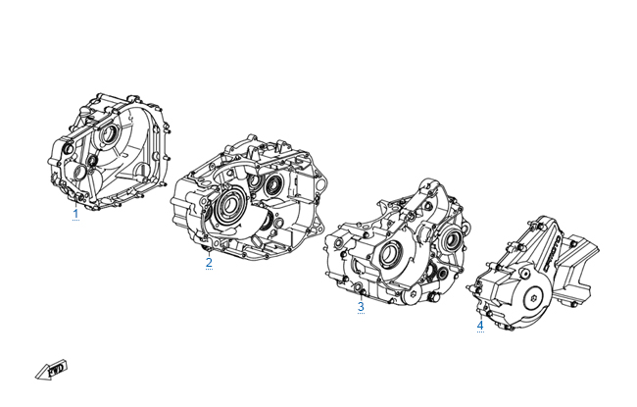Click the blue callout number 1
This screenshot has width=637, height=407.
coord(75,213)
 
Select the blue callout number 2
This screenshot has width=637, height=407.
coord(209,262)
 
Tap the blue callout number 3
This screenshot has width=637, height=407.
coord(361,306)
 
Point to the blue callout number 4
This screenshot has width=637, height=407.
coord(480,326)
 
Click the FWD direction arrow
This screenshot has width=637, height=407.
coord(51,370)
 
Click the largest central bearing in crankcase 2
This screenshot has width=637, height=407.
coord(230,207)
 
